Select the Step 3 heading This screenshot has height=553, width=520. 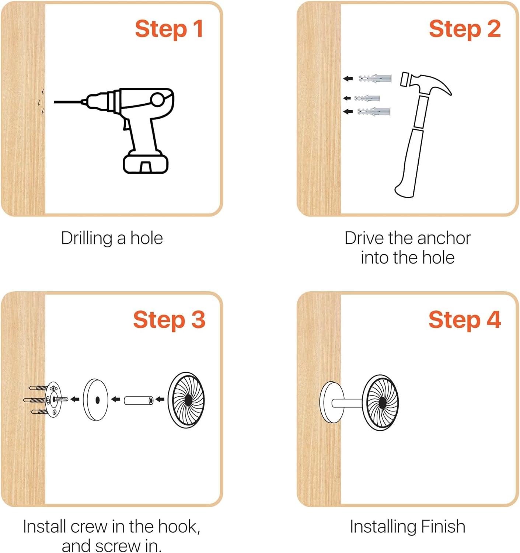(x=169, y=320)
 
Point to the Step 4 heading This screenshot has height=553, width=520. (x=465, y=320)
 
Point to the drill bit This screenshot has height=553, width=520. (x=69, y=102)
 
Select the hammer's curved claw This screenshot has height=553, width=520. (x=440, y=85)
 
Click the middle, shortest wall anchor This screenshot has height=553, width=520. (x=367, y=98)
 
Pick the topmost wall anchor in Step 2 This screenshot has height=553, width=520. (x=375, y=78)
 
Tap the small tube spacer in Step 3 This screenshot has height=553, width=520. (x=138, y=400)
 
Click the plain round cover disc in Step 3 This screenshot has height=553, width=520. (x=95, y=400)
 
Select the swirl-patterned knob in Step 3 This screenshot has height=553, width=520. (x=186, y=400)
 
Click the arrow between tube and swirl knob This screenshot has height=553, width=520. (x=160, y=400)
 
